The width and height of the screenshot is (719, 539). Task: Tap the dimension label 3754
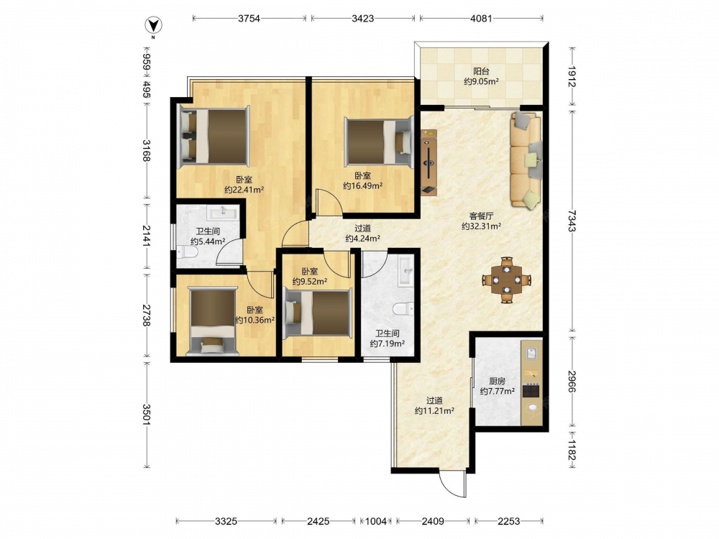[x=249, y=19]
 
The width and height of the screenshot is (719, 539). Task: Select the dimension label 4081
[x=481, y=19]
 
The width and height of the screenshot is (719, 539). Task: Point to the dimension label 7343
[x=572, y=221]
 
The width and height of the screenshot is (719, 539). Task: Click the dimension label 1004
[x=375, y=521]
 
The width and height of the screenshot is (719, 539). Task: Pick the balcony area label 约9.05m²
[x=481, y=82]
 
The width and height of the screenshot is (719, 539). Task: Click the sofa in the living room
[x=526, y=160]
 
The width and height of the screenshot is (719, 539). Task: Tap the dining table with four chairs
[x=506, y=280]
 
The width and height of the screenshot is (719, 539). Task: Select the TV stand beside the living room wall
[x=429, y=162]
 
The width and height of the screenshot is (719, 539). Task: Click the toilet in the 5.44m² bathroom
[x=187, y=252]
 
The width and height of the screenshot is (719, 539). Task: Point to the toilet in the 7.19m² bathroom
[x=403, y=308]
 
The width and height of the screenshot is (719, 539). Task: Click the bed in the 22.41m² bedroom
[x=214, y=136]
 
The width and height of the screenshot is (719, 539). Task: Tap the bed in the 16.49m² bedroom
[x=378, y=141]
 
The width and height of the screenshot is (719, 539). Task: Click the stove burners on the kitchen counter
[x=531, y=391]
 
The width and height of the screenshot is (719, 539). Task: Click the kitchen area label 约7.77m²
[x=497, y=392]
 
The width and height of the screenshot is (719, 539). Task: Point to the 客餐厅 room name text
[x=481, y=216]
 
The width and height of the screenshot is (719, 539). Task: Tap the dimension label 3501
[x=146, y=415]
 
